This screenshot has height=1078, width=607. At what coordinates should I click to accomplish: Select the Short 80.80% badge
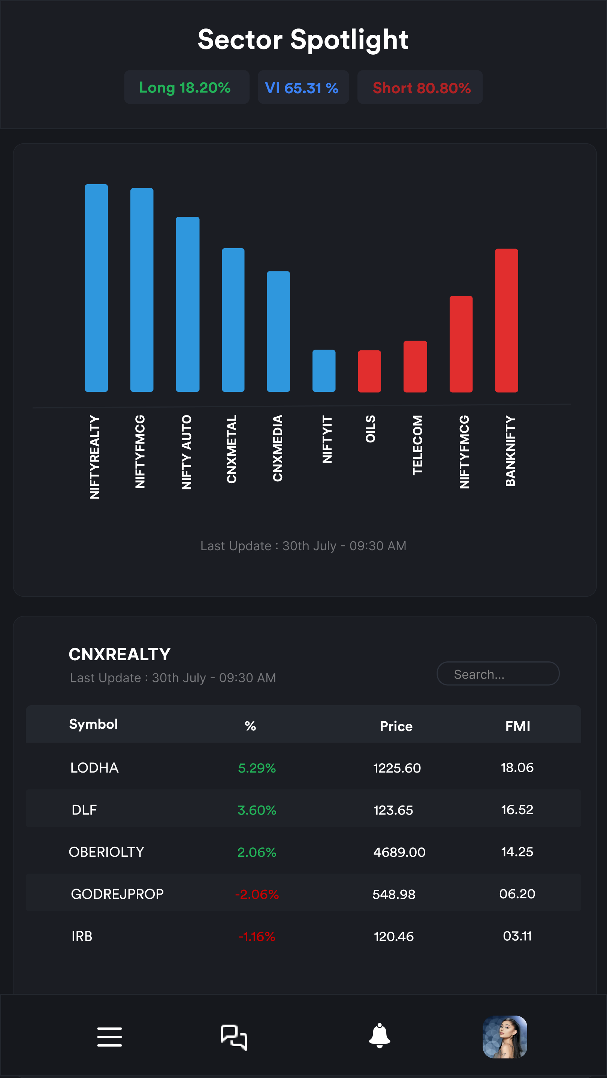420,88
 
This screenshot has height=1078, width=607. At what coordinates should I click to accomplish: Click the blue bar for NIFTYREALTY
96,288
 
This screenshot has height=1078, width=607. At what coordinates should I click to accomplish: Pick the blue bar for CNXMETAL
233,320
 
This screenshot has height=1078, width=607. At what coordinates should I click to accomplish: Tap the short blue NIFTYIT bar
324,371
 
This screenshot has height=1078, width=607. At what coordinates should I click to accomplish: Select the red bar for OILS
369,371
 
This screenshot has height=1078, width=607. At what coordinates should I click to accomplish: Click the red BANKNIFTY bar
507,320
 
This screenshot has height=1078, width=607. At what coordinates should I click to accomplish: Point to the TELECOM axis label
418,445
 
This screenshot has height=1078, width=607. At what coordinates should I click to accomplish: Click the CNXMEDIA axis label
278,448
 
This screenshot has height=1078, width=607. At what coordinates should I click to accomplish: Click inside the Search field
498,674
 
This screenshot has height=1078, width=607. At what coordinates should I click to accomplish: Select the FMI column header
517,726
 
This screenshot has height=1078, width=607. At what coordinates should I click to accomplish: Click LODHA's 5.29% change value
257,768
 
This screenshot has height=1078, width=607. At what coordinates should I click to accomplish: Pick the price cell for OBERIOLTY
399,852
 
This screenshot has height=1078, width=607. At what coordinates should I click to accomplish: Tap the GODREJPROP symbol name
117,894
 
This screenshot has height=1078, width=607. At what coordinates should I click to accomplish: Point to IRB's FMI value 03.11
517,936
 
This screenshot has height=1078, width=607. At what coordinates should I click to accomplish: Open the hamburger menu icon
110,1036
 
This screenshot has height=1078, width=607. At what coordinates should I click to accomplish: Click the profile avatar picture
505,1036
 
